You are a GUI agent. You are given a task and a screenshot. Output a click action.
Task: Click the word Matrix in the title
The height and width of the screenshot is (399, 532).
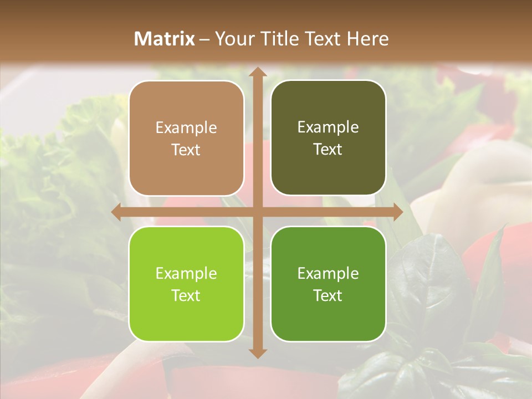pos(165,39)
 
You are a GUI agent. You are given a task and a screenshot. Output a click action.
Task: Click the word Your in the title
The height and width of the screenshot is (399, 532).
pos(232,39)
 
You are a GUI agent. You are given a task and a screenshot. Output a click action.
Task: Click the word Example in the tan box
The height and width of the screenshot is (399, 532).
pos(186,128)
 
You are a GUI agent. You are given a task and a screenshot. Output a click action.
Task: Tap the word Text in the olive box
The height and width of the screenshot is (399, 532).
pos(328,150)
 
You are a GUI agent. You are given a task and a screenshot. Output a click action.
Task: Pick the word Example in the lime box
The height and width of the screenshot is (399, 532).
pos(186,273)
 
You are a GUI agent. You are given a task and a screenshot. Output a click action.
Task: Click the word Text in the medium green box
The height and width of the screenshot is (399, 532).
pos(328,295)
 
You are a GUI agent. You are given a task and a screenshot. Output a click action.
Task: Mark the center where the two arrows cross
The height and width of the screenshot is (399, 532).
pos(257,212)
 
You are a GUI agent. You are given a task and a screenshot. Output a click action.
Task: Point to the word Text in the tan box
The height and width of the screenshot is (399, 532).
pos(186,150)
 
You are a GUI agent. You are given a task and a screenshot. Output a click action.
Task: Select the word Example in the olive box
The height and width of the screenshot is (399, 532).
pos(328,127)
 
